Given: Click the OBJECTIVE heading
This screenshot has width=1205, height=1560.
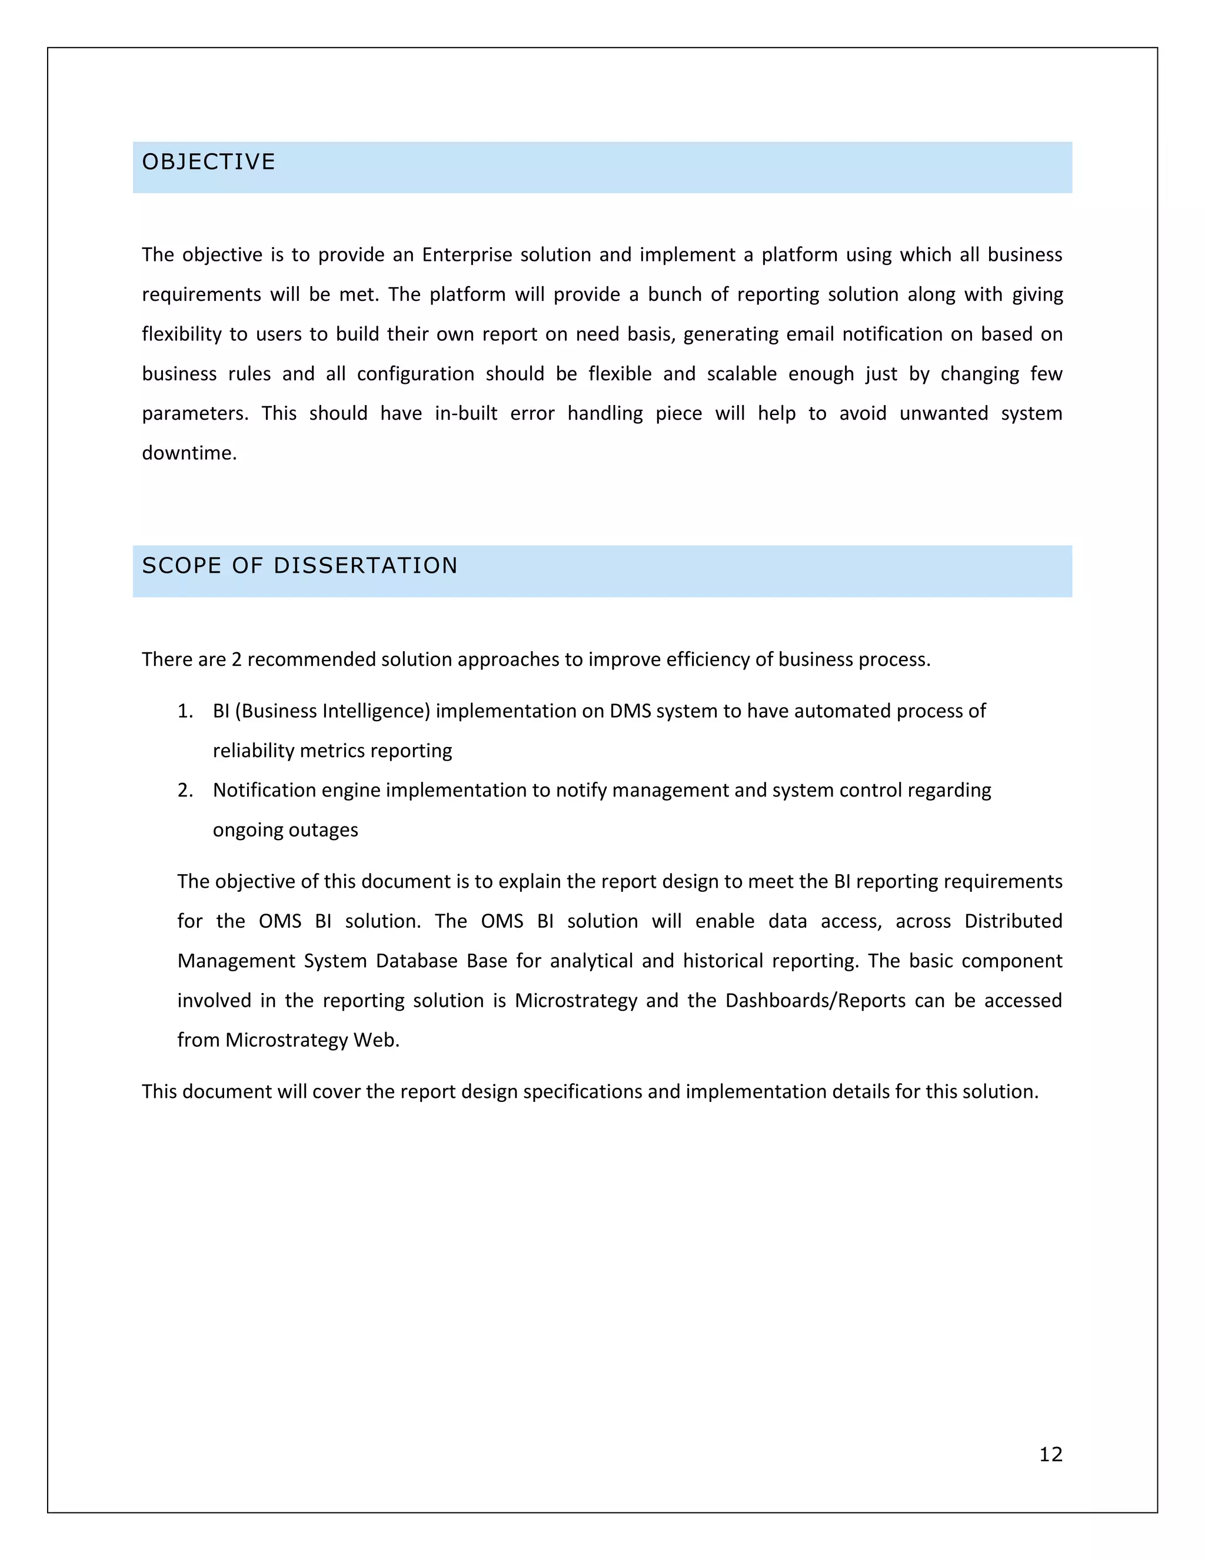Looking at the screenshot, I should pos(208,162).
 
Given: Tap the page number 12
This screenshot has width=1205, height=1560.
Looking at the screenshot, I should pos(1050,1454).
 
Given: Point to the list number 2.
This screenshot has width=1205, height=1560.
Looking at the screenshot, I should pos(185,790).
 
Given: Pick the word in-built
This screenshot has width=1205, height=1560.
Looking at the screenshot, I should pos(466,414).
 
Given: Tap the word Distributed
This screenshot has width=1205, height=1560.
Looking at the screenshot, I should pos(1013,921).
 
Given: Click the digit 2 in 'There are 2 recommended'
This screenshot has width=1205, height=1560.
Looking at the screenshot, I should pos(237,659).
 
